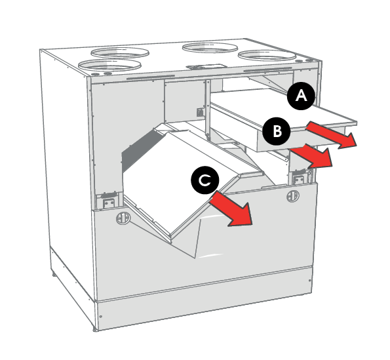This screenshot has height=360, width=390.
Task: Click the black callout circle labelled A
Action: [x=301, y=96]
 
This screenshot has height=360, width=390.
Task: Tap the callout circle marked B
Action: [x=277, y=131]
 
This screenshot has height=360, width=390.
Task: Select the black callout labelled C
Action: [x=205, y=180]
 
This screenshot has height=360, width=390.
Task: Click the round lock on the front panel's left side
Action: [x=123, y=218]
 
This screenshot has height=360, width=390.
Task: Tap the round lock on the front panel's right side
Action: [x=293, y=196]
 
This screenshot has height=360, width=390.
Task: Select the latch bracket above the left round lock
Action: [x=108, y=200]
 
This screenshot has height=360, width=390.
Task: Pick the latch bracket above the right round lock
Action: [x=299, y=177]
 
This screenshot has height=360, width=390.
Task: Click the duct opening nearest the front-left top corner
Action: [x=109, y=65]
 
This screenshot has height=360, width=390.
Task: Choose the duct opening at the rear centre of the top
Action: [x=210, y=48]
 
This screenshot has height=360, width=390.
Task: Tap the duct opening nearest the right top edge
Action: [x=267, y=56]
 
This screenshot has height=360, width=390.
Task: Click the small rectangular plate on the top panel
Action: [x=206, y=67]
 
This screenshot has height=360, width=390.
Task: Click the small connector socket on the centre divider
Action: [x=200, y=112]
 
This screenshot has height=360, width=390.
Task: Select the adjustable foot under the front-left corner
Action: [x=96, y=329]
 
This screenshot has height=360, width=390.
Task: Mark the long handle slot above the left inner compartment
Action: [x=151, y=77]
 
